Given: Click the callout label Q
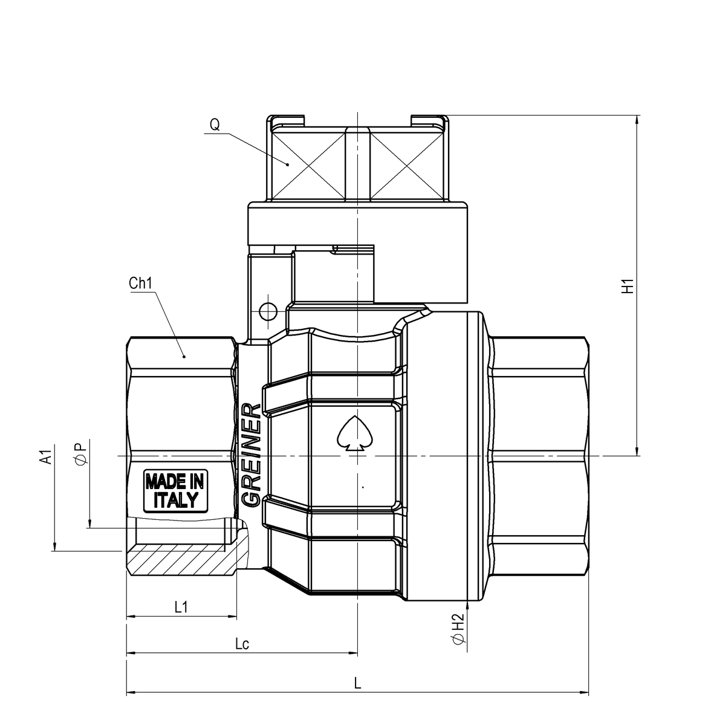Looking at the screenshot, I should [215, 125].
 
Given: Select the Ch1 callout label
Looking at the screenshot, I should [140, 284].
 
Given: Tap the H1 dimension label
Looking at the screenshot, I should [629, 286].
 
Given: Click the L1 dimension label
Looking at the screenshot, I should [181, 608].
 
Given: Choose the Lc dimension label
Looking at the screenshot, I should [242, 644].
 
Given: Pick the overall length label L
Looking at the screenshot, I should [357, 683].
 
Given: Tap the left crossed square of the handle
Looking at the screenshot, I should [308, 164].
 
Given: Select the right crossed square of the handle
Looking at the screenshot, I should [407, 164].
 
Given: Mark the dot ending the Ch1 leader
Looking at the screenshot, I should [185, 357].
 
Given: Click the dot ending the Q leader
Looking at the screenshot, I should [288, 163].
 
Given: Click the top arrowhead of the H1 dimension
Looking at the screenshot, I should [637, 119].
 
